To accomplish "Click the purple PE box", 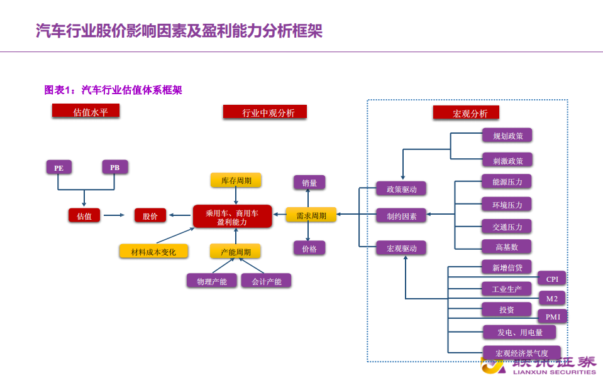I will [x=58, y=168].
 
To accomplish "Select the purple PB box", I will [x=114, y=168].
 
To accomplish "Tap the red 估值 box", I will [x=84, y=215].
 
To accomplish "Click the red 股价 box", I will [x=150, y=215].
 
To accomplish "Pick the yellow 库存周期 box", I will [x=236, y=181].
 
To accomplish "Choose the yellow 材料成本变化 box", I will [x=154, y=252].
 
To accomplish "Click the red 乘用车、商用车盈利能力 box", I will [x=232, y=217].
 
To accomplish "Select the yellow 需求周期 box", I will [x=311, y=215].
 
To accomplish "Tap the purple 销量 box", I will [x=309, y=183].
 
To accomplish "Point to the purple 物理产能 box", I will [x=211, y=281].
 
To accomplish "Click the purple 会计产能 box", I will [x=266, y=281].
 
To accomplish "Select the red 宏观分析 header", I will [x=466, y=113].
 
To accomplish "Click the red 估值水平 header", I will [x=86, y=112].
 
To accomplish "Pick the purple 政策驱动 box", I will [x=401, y=188].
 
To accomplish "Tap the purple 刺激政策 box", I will [x=507, y=159].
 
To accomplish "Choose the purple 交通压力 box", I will [x=507, y=226].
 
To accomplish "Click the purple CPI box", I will [x=552, y=279].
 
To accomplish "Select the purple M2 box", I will [x=552, y=298].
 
